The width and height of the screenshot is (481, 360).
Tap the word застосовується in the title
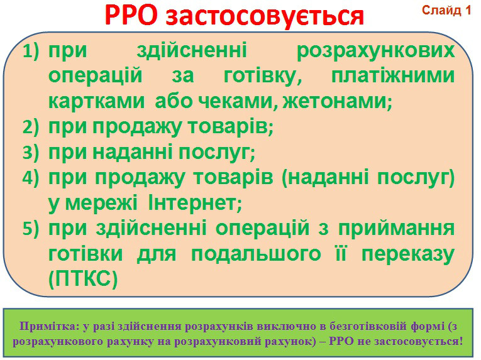[266, 16]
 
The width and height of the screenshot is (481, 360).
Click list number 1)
[31, 52]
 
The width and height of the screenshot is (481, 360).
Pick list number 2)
[31, 128]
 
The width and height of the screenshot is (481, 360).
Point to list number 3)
[31, 153]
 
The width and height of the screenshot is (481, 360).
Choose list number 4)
[31, 178]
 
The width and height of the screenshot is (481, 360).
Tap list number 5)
[31, 229]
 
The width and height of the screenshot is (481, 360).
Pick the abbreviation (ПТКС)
[82, 280]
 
